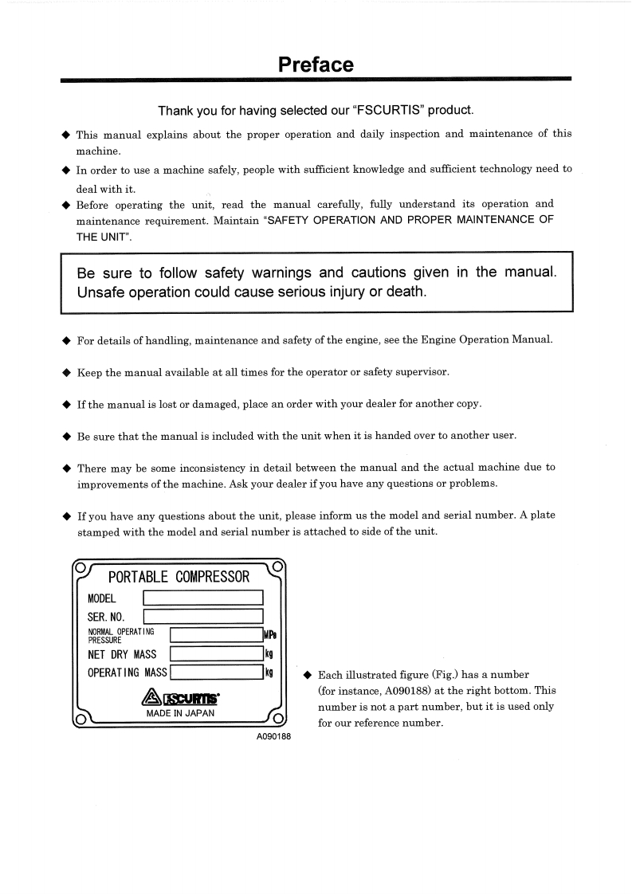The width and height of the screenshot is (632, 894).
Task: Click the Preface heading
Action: coord(316,65)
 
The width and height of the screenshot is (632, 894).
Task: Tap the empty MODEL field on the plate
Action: coord(202,598)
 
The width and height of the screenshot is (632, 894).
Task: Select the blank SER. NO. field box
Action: coord(202,616)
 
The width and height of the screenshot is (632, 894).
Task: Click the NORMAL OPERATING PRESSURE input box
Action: coord(216,635)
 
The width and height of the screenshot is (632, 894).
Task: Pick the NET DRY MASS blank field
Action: coord(216,654)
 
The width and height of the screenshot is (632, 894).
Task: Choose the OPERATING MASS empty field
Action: coord(216,672)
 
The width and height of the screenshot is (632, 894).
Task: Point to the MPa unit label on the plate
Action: coord(269,635)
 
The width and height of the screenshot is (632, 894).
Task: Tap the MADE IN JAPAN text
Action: coord(180,713)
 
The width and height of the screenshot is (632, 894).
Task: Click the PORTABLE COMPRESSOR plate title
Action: coord(179,576)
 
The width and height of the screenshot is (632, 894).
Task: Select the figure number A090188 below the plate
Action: coord(273,736)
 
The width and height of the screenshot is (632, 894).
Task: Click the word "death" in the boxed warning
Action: coord(406,292)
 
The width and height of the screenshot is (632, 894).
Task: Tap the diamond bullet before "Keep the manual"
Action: coord(67,372)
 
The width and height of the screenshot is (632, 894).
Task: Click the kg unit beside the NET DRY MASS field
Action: coord(269,654)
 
